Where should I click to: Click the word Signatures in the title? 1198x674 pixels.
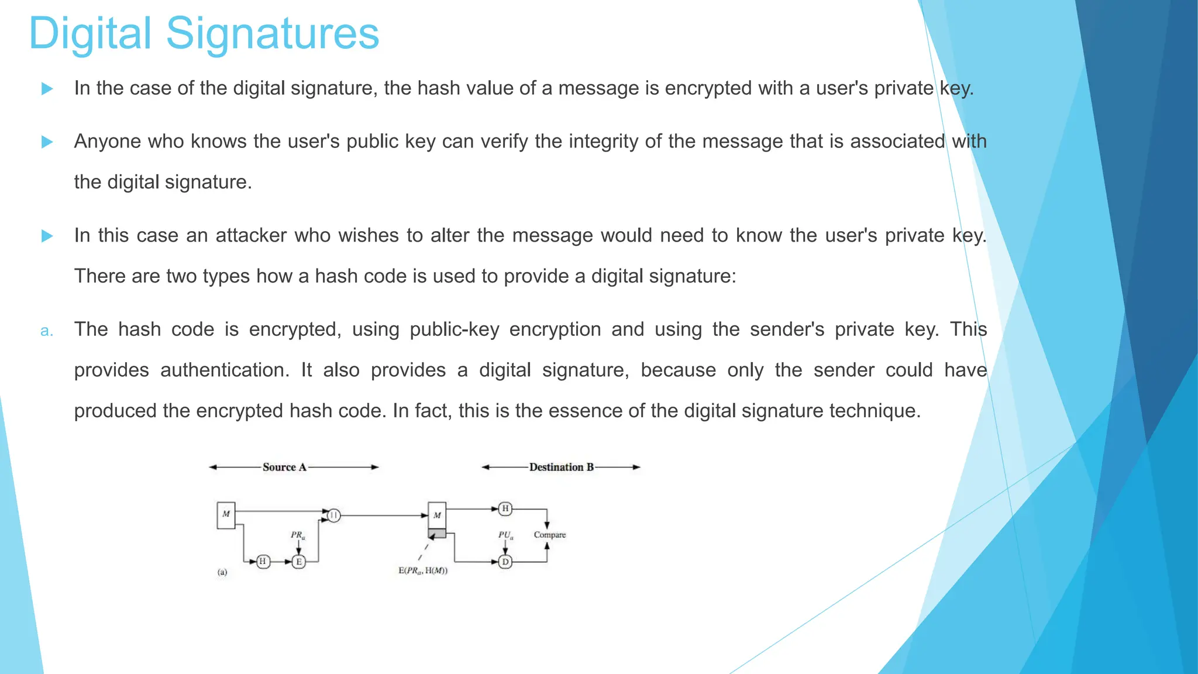click(x=273, y=34)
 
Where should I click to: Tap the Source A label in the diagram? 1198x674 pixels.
click(x=284, y=467)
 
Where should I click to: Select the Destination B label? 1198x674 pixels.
click(x=561, y=467)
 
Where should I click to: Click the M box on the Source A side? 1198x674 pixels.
click(x=226, y=515)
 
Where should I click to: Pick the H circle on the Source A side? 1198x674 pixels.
click(x=263, y=562)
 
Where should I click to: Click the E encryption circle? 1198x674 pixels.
click(x=299, y=562)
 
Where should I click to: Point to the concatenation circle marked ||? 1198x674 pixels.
click(x=333, y=515)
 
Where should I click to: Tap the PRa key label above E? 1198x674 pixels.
click(x=298, y=535)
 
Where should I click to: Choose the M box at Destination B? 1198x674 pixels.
click(x=437, y=515)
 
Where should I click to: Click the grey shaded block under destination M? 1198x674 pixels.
click(x=437, y=534)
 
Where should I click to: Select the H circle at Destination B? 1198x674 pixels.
click(x=505, y=508)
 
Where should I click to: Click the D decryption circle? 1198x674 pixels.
click(x=505, y=562)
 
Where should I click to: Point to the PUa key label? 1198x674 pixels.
click(x=505, y=535)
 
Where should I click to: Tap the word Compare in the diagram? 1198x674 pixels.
click(x=550, y=535)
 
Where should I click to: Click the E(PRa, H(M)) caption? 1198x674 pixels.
click(x=423, y=571)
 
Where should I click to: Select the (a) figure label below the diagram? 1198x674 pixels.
click(x=222, y=572)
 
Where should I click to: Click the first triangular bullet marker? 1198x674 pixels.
click(x=47, y=89)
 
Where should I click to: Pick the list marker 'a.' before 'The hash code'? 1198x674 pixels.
click(x=47, y=331)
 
